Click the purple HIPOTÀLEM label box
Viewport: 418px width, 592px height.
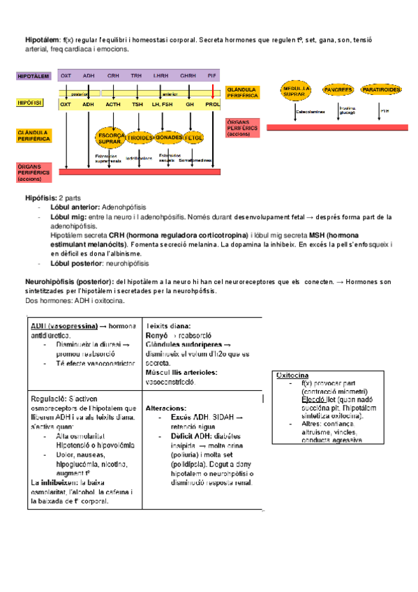33,75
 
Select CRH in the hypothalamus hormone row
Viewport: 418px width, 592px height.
113,75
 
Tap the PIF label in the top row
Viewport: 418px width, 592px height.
212,75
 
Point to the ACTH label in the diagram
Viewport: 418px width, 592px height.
113,104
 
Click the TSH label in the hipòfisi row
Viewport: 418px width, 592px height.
137,104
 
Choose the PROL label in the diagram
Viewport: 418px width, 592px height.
212,104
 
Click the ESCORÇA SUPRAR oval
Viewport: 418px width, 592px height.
110,138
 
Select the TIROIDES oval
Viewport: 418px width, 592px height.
140,138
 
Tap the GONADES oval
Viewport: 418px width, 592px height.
167,138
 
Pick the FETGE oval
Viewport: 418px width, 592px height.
193,138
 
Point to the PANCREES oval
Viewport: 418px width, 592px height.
338,90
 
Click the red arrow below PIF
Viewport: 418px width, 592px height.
213,90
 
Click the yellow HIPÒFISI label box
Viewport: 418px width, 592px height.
30,103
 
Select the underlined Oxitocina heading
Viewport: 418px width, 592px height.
293,376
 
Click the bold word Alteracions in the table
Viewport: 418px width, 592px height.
166,407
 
